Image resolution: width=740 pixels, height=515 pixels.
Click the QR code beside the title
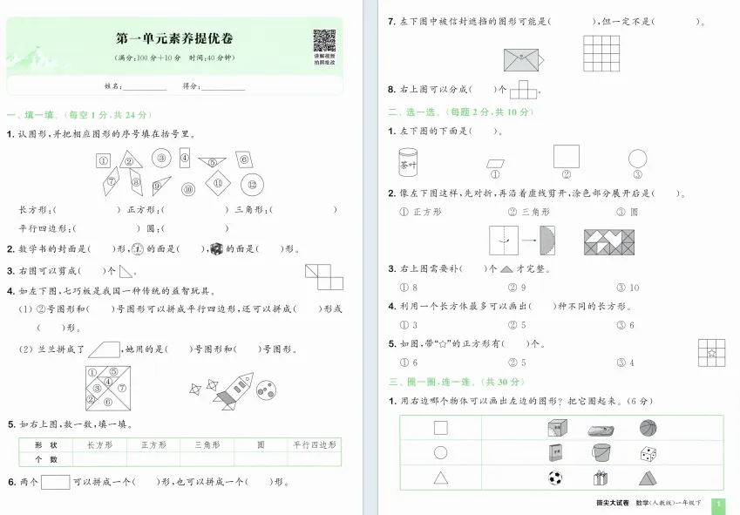[324, 41]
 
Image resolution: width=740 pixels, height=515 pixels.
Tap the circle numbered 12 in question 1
[252, 184]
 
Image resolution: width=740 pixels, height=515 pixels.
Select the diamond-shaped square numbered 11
[219, 184]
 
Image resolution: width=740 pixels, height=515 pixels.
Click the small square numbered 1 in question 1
[103, 160]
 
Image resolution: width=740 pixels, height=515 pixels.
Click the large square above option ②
[566, 156]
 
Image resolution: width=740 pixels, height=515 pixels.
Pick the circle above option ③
[638, 159]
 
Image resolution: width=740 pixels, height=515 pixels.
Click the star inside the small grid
[712, 353]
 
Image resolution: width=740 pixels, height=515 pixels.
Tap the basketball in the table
[648, 428]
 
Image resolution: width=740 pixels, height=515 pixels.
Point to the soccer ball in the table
[554, 478]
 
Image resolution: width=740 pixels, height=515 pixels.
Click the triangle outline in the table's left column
[440, 478]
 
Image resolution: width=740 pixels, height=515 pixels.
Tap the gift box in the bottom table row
[600, 478]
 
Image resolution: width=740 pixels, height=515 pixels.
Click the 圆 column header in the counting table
[261, 444]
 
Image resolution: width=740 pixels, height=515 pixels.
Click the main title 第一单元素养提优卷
[174, 38]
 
